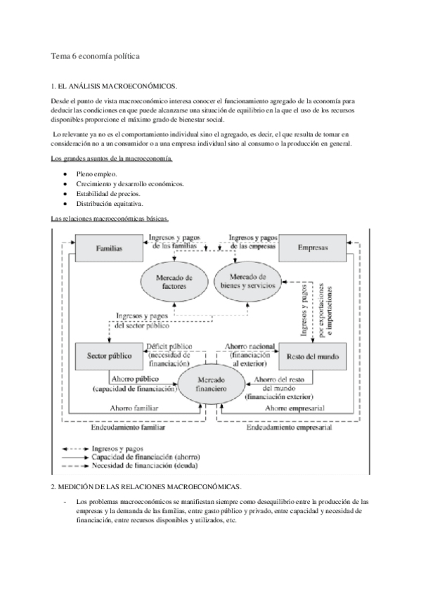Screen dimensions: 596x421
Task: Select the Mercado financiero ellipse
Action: coord(210,383)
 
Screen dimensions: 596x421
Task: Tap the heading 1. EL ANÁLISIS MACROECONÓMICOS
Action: coord(114,86)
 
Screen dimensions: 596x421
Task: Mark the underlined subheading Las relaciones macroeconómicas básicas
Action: coord(110,219)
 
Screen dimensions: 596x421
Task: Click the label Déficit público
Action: coord(169,346)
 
